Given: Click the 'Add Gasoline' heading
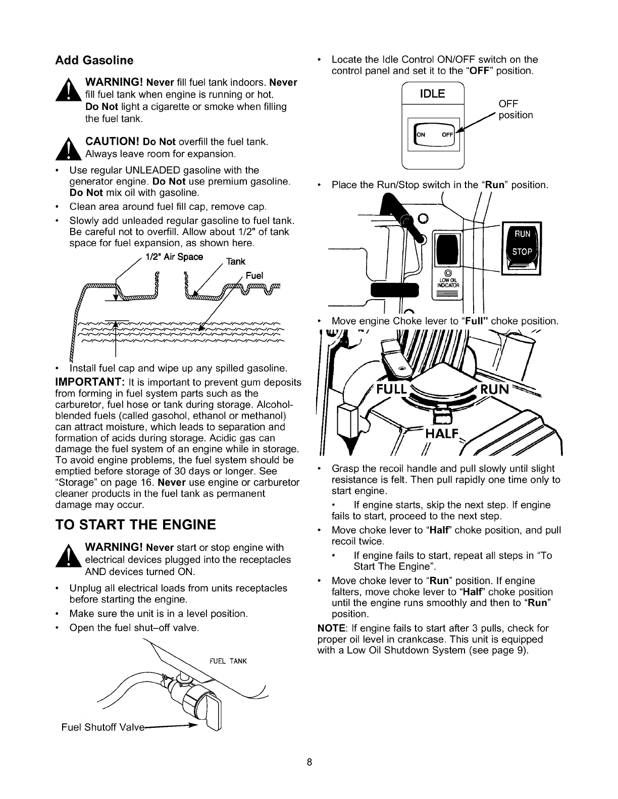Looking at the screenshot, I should coord(94,61).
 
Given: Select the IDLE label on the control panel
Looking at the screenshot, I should coord(432,94).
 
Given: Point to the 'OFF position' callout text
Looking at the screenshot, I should coord(515,109).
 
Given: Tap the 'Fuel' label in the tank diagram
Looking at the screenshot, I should coord(255,276).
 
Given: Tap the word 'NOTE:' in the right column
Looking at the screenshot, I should coord(331,629).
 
